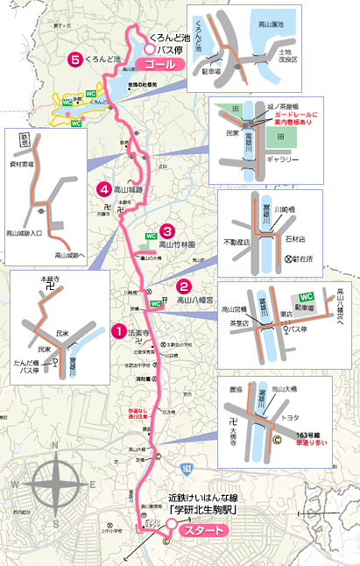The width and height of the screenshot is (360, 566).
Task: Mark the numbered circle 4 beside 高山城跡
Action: [x=104, y=188]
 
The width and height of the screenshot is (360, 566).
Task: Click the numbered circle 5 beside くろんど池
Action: [x=76, y=60]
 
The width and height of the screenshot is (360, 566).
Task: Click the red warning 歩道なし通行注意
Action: [x=137, y=412]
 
